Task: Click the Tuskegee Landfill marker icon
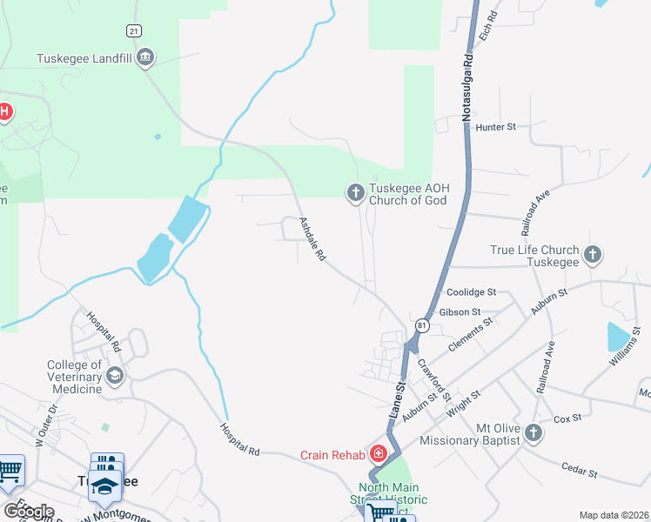click(x=145, y=58)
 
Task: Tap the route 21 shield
click(x=133, y=30)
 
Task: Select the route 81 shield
click(x=422, y=325)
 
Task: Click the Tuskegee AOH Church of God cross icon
click(x=355, y=192)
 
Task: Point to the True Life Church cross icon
click(x=592, y=255)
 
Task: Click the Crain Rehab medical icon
click(x=379, y=453)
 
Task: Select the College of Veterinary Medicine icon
click(x=114, y=376)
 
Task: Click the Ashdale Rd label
click(x=312, y=240)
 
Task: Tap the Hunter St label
click(x=496, y=127)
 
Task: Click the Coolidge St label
click(x=470, y=293)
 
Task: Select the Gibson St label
click(x=460, y=312)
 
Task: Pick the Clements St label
click(x=470, y=334)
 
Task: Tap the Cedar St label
click(x=580, y=471)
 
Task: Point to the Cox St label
click(x=567, y=418)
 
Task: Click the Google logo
click(x=29, y=511)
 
